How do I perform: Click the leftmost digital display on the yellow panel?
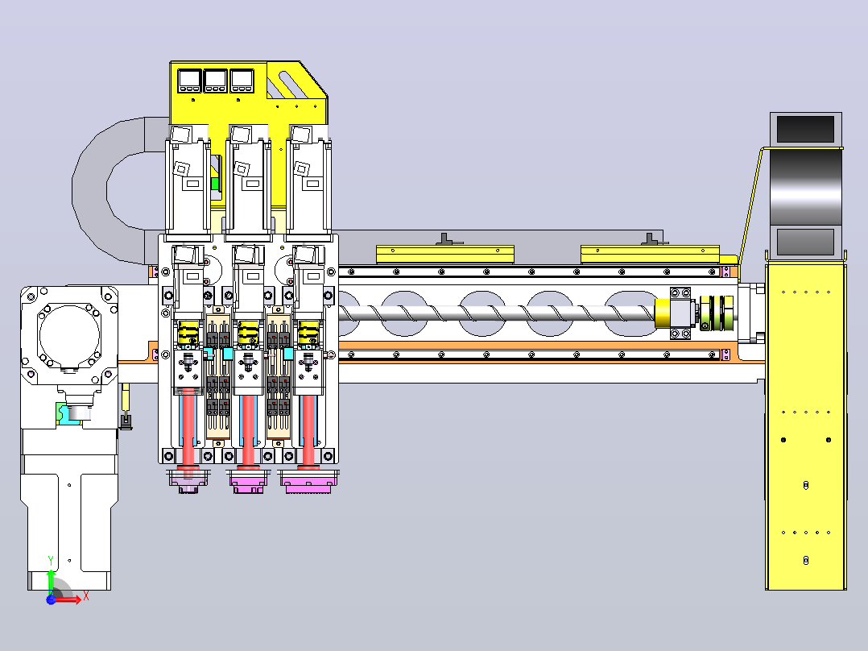point(189,81)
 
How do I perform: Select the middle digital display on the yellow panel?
point(215,81)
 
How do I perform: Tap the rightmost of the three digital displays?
point(242,81)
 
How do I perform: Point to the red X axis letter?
point(86,597)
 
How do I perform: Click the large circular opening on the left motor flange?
point(69,334)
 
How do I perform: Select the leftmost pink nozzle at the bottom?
point(188,481)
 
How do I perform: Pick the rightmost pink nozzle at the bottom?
point(308,481)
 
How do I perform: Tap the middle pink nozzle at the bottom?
point(248,481)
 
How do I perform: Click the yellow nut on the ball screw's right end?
point(663,313)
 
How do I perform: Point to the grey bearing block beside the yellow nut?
point(681,313)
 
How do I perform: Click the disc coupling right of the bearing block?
point(712,313)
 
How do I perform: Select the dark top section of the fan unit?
point(805,129)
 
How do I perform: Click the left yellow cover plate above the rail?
point(445,255)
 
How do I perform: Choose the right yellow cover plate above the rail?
point(650,255)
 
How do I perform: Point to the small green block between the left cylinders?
point(214,184)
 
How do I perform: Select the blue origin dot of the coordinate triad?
point(51,599)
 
